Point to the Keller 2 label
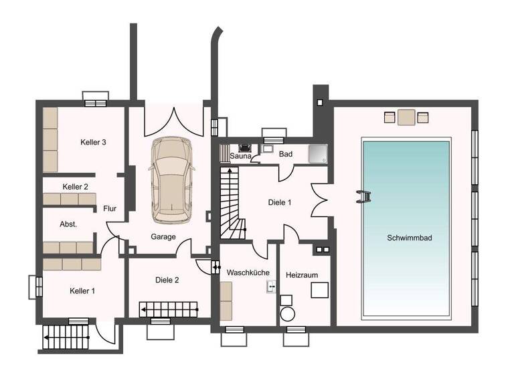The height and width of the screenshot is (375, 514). click(76, 187)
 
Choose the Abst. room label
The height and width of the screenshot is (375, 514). click(68, 224)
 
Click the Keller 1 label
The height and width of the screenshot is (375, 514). click(83, 291)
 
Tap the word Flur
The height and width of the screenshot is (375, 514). click(110, 209)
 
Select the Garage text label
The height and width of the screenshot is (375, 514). click(163, 237)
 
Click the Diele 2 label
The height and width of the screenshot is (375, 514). click(167, 280)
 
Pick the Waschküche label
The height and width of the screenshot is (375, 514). click(248, 273)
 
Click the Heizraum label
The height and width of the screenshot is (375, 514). click(301, 275)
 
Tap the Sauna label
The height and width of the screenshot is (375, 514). click(240, 156)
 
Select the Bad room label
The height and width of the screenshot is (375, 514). click(286, 154)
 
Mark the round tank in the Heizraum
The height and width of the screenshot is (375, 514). click(288, 315)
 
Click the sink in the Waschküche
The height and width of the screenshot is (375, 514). click(271, 287)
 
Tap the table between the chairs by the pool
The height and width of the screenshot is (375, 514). click(406, 118)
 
